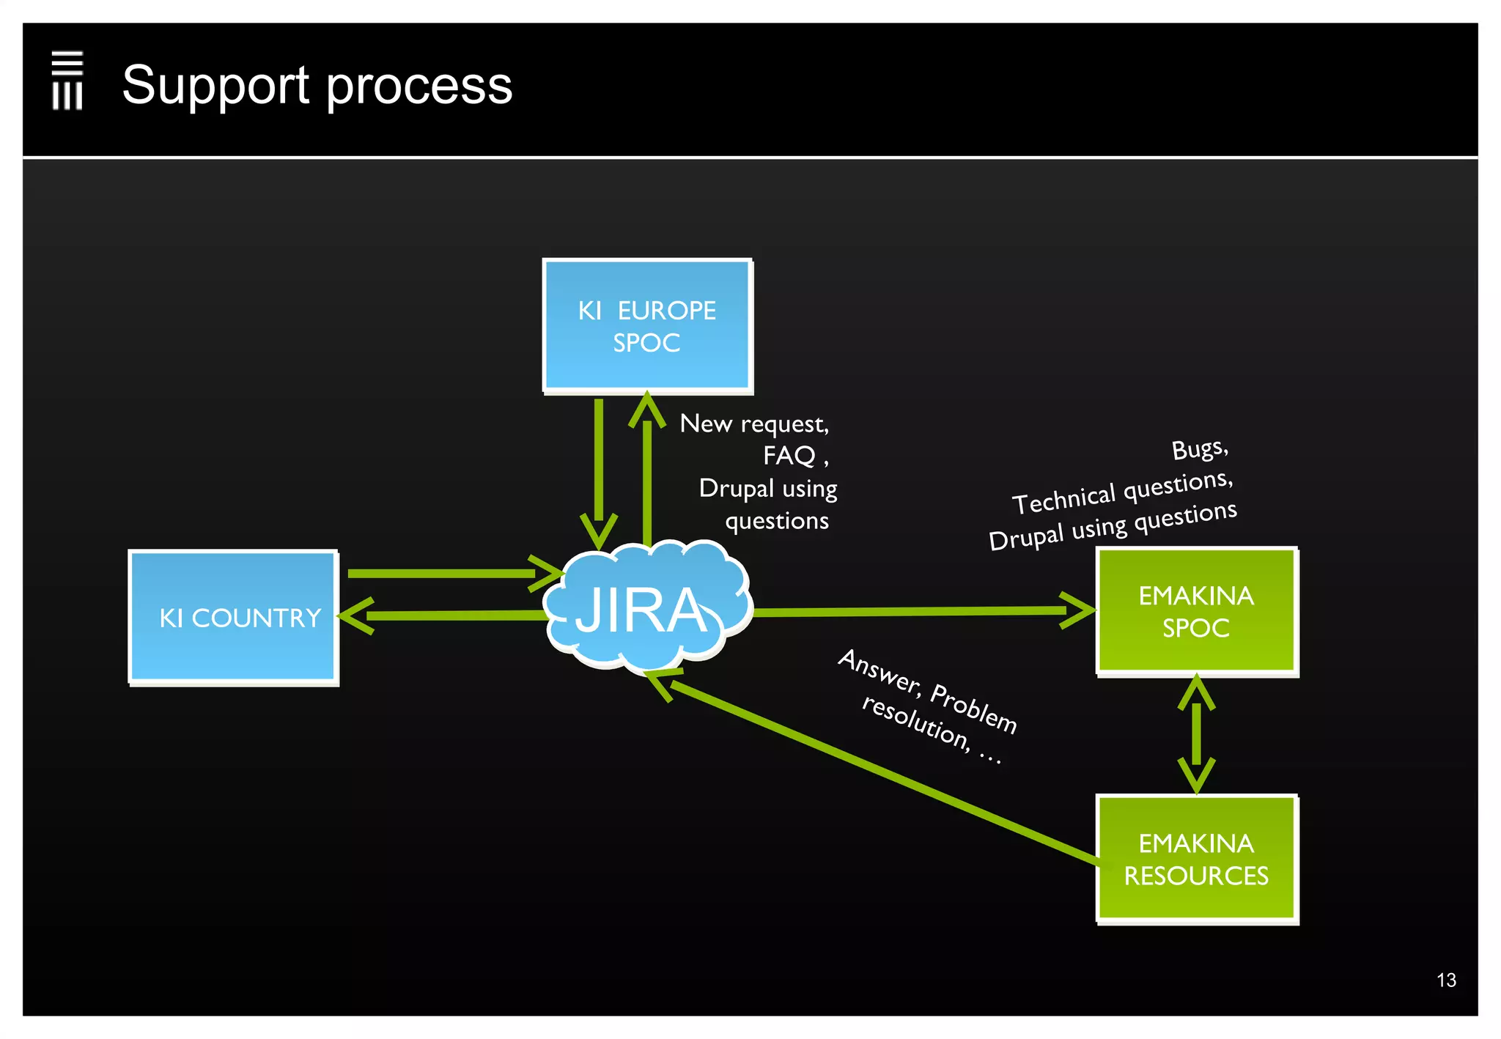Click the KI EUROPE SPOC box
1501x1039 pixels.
[x=647, y=325]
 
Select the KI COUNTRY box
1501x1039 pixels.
[x=233, y=617]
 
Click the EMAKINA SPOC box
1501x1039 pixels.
[x=1196, y=610]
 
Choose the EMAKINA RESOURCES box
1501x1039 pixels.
[x=1196, y=859]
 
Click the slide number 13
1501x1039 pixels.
[x=1446, y=980]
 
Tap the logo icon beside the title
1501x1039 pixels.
[x=67, y=81]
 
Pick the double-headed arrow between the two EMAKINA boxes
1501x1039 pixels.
[x=1196, y=734]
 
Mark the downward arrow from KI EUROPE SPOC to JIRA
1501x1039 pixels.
[x=599, y=469]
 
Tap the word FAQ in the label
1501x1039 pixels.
[x=789, y=456]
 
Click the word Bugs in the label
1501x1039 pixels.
[x=1199, y=449]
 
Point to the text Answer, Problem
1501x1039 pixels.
[x=927, y=690]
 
